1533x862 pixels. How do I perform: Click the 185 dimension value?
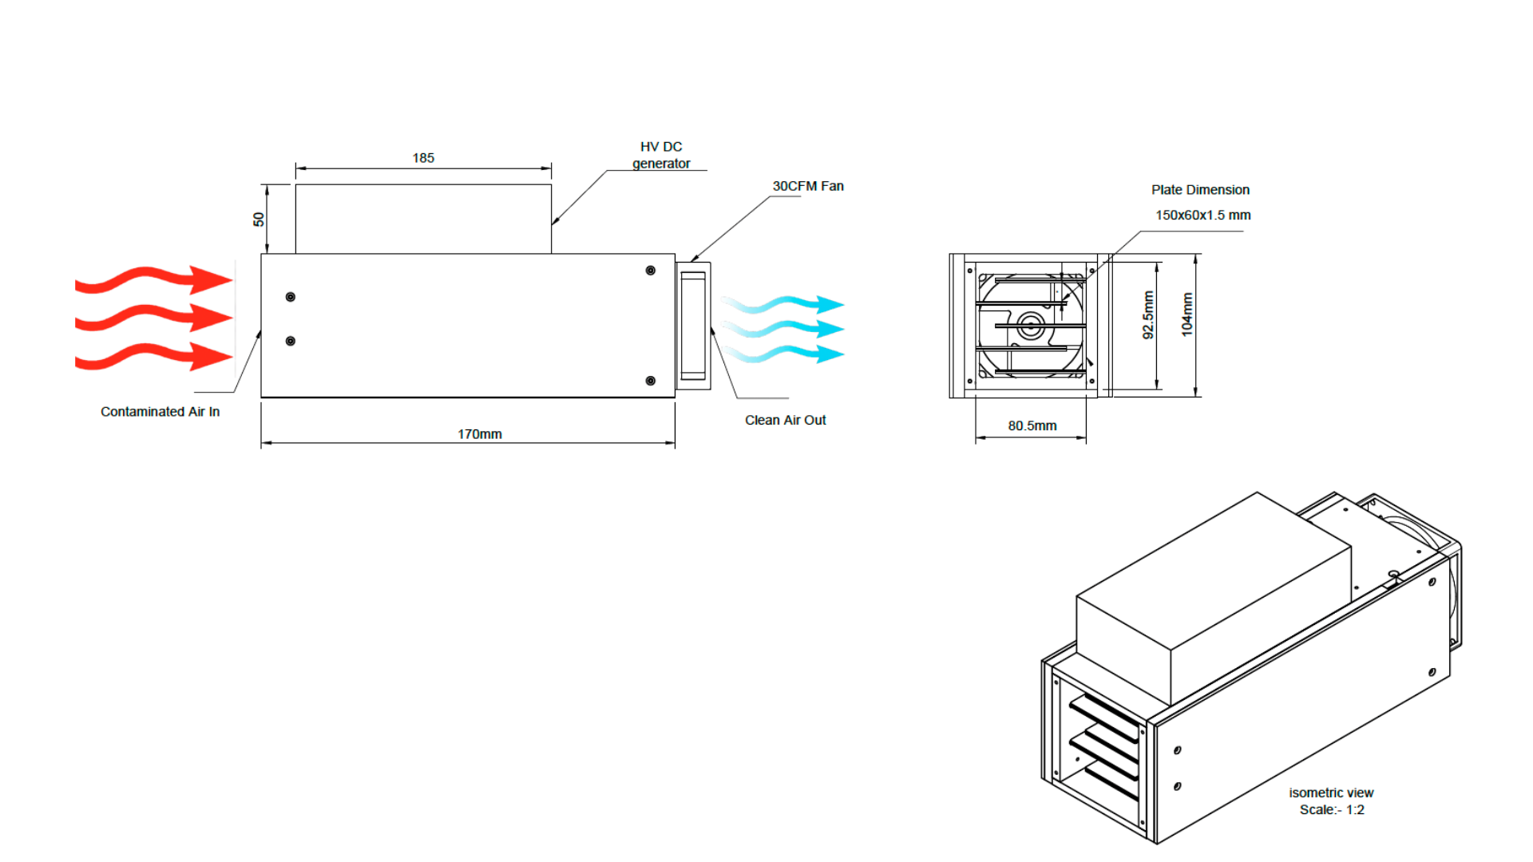(423, 158)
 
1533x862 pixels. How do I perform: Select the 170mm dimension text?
(479, 434)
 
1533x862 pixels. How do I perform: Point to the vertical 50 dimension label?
(259, 219)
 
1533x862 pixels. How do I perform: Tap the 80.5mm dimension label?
(1032, 426)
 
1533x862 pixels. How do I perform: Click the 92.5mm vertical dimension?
(1148, 314)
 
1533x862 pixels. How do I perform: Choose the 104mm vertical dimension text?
(1187, 314)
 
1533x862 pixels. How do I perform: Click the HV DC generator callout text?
(661, 155)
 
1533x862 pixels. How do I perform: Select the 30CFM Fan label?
(807, 186)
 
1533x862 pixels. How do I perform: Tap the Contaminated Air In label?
(160, 412)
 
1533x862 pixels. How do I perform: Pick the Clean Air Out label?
(785, 421)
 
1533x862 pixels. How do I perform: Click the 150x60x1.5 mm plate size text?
(1202, 215)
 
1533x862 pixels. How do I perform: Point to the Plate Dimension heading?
(1200, 190)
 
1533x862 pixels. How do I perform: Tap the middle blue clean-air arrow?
(782, 329)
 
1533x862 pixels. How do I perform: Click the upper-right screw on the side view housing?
(651, 271)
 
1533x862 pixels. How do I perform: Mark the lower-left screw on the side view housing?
(291, 341)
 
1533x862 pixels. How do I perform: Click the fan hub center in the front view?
(1030, 326)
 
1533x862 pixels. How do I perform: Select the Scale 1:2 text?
(1331, 810)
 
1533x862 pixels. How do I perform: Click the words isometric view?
(1331, 793)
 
